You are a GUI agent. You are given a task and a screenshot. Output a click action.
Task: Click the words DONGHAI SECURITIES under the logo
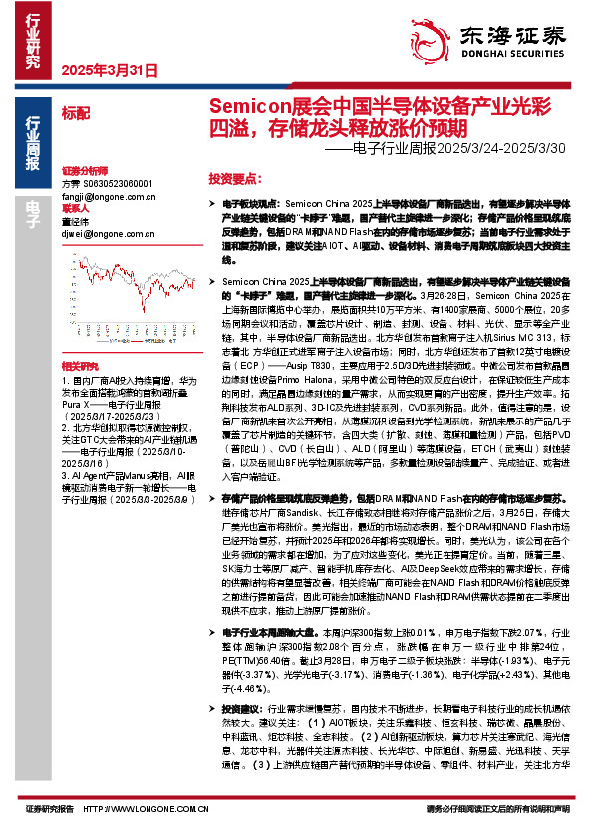[x=520, y=57]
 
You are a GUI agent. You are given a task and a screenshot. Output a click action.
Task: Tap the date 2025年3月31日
[x=109, y=72]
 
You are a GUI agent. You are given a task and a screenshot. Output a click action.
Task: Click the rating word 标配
[x=76, y=112]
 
